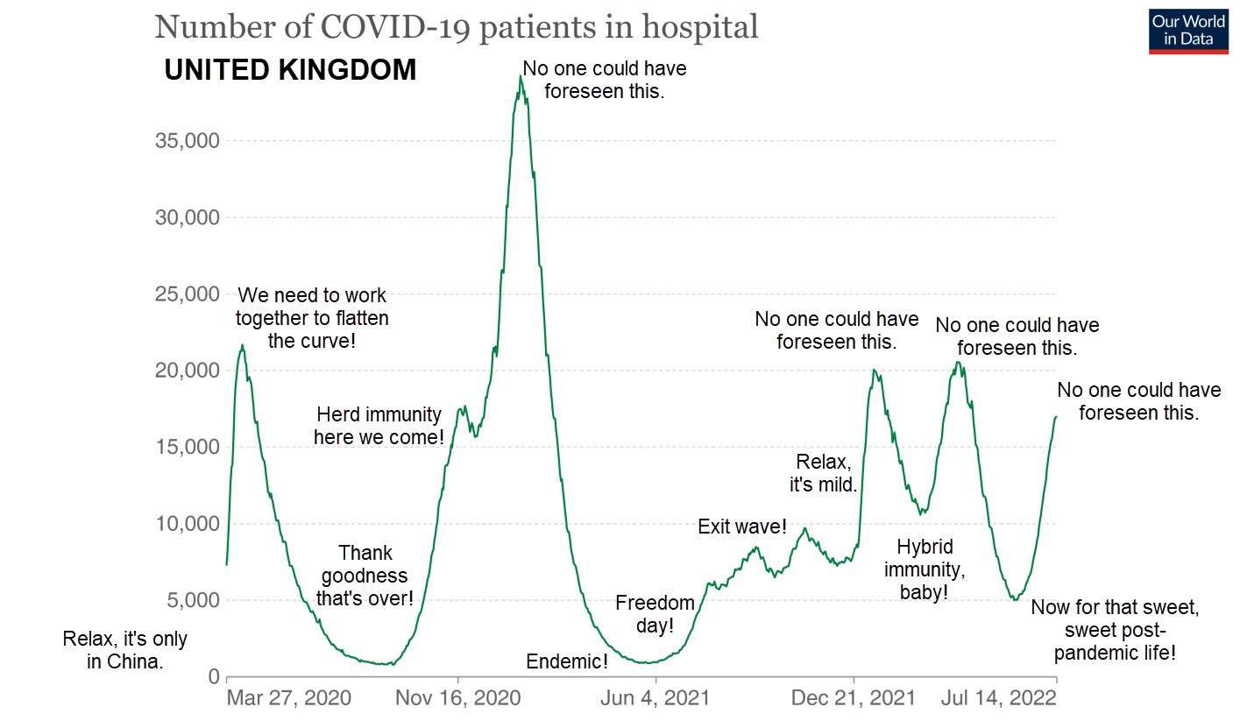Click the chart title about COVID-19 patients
click(456, 26)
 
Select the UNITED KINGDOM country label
click(290, 70)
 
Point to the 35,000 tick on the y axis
click(187, 141)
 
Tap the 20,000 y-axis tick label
click(187, 371)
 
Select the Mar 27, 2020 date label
click(288, 698)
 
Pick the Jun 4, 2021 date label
click(655, 698)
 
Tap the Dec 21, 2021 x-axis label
click(853, 698)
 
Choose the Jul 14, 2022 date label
click(998, 698)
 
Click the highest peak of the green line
click(520, 77)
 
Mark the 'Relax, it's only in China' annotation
click(124, 650)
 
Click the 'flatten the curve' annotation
click(311, 318)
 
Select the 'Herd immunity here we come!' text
click(379, 425)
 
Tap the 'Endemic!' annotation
click(567, 661)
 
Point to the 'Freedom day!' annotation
click(655, 614)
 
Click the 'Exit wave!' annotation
click(741, 527)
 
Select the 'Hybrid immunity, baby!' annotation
click(924, 570)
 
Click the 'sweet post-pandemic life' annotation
click(1114, 630)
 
